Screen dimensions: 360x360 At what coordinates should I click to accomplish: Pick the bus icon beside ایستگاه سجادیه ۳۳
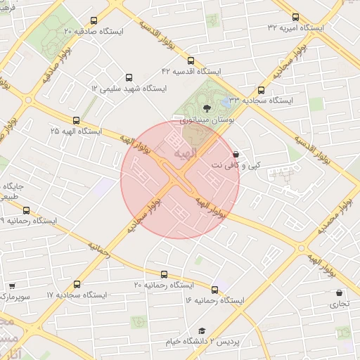tap(262, 90)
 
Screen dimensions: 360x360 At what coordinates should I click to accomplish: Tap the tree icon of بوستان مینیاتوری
tap(207, 108)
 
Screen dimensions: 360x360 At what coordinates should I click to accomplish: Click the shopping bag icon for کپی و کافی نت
tap(235, 153)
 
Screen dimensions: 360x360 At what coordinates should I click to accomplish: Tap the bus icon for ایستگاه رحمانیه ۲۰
tap(165, 274)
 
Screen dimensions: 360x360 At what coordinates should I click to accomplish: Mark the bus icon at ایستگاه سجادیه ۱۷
tap(76, 284)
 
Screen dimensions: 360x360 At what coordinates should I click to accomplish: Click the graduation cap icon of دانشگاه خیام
tap(201, 330)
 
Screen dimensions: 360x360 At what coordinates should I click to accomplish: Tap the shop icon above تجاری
tap(340, 293)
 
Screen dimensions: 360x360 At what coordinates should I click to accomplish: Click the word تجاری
tap(340, 304)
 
